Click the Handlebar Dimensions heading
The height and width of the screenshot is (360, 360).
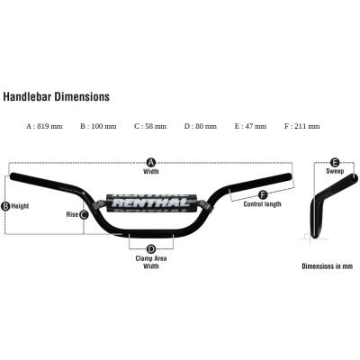coord(56,96)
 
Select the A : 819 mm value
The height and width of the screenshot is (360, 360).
coord(45,126)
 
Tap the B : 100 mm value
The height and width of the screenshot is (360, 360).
coord(98,126)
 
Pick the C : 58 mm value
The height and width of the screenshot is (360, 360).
coord(150,126)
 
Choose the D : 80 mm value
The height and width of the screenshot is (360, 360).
coord(201,126)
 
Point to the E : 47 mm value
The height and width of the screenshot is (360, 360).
coord(250,126)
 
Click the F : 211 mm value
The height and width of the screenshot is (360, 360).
coord(302,126)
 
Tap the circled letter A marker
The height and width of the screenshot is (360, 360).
coord(151,163)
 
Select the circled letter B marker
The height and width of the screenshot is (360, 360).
coord(5,206)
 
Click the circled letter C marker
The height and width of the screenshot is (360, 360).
coord(84,214)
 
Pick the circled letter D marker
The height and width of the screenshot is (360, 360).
coord(151,248)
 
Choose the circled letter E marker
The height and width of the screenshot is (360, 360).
coord(335,163)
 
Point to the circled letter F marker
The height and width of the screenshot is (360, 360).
coord(263,194)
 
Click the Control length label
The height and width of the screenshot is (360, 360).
coord(262,204)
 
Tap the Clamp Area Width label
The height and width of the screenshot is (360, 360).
coord(151,262)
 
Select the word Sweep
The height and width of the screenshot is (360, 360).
coord(335,171)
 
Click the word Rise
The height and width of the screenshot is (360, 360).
coord(72,214)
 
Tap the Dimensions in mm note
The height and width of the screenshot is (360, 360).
coord(328,266)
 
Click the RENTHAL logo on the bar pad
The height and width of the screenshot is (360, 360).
coord(152,202)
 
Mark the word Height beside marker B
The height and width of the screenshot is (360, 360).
coord(20,206)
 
